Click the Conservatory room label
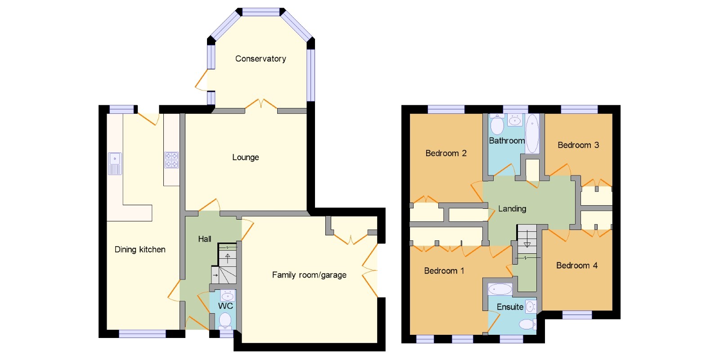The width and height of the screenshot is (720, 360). tap(261, 59)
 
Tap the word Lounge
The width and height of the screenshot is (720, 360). tap(246, 157)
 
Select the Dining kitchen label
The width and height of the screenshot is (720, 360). tap(140, 250)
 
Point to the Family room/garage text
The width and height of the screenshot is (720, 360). tap(309, 275)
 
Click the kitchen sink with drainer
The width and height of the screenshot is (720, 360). tap(115, 164)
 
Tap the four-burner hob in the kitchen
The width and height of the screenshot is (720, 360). tap(171, 160)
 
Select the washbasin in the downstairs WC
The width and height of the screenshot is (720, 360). tap(228, 295)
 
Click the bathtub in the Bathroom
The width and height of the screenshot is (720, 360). tap(532, 133)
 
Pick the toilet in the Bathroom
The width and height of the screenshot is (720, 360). tap(497, 124)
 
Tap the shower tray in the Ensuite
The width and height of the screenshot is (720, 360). tap(500, 289)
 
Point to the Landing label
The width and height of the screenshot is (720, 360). tap(512, 209)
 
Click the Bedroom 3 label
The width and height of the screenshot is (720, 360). tap(578, 145)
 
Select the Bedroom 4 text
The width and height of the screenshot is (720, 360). tap(577, 265)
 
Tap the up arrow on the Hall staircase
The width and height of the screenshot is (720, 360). tap(228, 258)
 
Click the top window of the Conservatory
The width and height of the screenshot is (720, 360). tap(261, 12)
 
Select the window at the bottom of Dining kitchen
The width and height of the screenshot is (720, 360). tap(142, 334)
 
